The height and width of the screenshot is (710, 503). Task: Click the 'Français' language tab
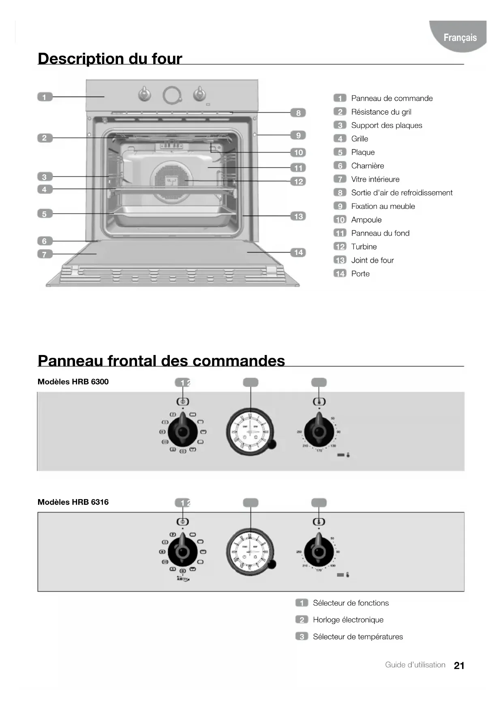click(x=460, y=38)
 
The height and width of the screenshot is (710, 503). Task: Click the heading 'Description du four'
click(x=110, y=59)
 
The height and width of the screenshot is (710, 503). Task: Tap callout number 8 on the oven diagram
click(x=298, y=113)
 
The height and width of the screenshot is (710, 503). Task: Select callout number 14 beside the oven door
click(x=298, y=253)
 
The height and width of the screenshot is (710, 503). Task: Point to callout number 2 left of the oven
click(x=45, y=138)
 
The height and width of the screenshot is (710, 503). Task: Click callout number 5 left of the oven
click(x=45, y=214)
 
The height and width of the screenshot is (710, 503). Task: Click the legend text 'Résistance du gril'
click(x=381, y=112)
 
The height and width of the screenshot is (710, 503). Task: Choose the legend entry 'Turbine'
click(x=364, y=247)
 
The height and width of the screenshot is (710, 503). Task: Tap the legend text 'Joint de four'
click(x=372, y=260)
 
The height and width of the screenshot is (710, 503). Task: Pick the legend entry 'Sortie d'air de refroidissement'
click(x=401, y=193)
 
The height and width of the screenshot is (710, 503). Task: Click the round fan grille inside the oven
click(x=172, y=181)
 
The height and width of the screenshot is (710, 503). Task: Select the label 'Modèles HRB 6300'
click(x=73, y=382)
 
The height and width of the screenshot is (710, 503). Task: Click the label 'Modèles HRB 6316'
click(x=73, y=502)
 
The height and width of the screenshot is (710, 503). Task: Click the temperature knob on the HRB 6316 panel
click(x=319, y=551)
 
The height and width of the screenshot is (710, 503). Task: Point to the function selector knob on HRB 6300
click(x=183, y=432)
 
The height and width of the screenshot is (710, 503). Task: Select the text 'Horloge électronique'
click(x=348, y=620)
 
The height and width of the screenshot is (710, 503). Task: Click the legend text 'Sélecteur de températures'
click(x=357, y=637)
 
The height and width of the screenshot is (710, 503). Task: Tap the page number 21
click(x=459, y=665)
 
